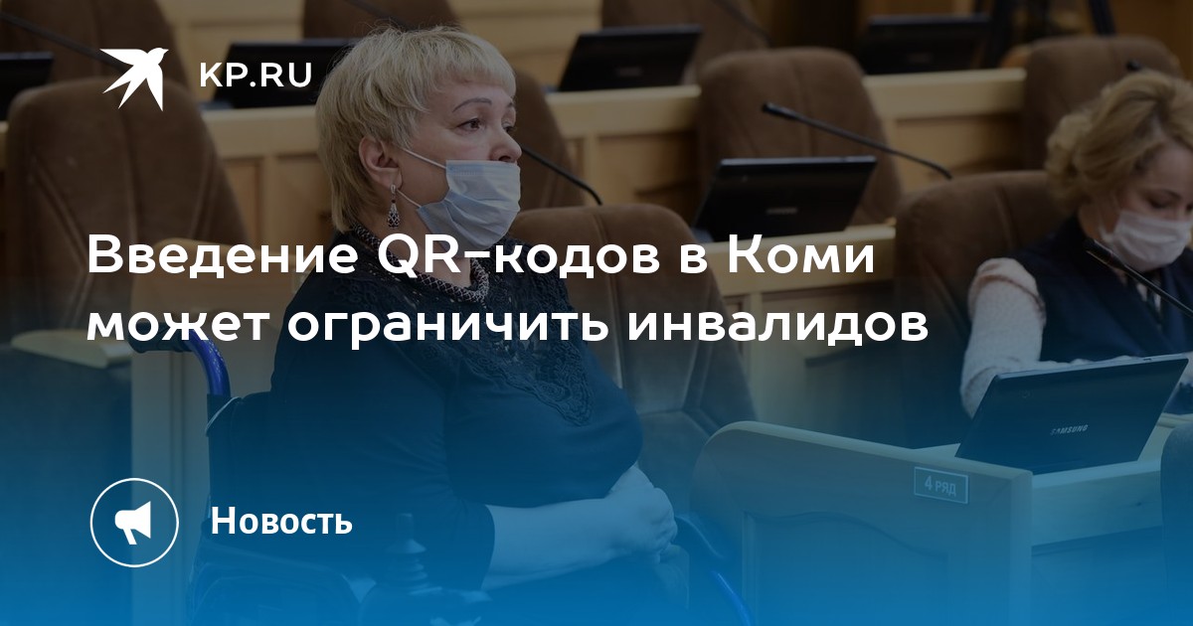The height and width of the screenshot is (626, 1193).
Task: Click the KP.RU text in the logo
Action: pos(256,76)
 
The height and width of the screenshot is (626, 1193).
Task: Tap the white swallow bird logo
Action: pos(135,78)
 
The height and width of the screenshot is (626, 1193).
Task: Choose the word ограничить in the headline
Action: pos(447,326)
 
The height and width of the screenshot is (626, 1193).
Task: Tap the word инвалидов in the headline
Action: pos(778,326)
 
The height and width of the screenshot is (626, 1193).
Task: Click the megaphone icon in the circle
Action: pos(134,523)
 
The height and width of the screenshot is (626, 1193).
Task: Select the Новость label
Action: pos(281,520)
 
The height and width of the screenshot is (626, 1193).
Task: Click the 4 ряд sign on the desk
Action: pos(940,485)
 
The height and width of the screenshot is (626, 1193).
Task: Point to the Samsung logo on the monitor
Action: pos(1069,429)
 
